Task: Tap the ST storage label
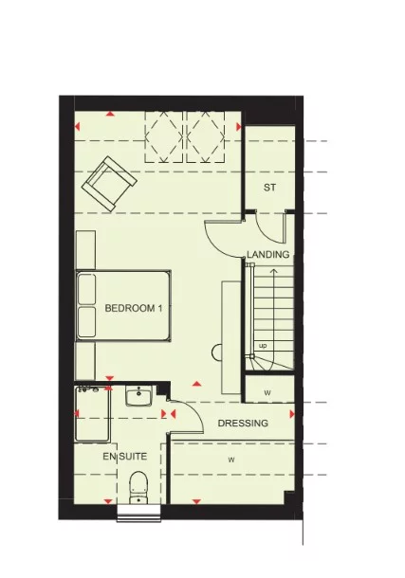pyautogui.click(x=269, y=188)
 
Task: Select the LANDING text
pyautogui.click(x=267, y=255)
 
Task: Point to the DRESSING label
pyautogui.click(x=243, y=424)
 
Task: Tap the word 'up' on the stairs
pyautogui.click(x=263, y=346)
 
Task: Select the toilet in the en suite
pyautogui.click(x=138, y=485)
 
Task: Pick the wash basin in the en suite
pyautogui.click(x=140, y=397)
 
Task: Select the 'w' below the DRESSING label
pyautogui.click(x=230, y=460)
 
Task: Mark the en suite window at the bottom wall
pyautogui.click(x=138, y=515)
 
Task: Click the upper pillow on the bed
pyautogui.click(x=87, y=289)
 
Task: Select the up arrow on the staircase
pyautogui.click(x=273, y=284)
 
